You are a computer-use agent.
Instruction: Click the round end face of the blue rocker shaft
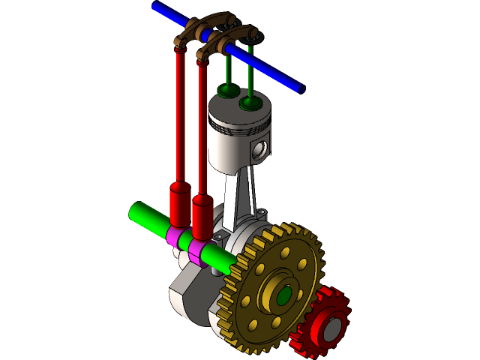302,89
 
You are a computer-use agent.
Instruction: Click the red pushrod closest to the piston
202,127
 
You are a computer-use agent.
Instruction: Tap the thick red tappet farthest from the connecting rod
179,202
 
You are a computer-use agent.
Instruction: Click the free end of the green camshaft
135,213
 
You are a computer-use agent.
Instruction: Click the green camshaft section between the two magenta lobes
186,243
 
